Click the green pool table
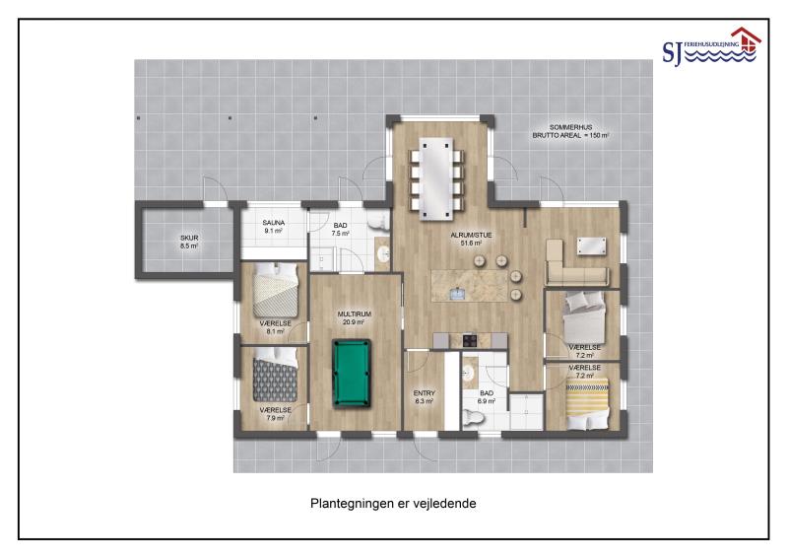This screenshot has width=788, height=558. (352, 373)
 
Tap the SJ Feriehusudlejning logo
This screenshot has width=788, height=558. (711, 46)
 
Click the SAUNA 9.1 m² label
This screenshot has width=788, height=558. (274, 227)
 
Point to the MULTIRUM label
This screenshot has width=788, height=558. (355, 314)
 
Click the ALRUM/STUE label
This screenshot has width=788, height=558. (471, 235)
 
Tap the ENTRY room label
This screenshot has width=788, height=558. (425, 393)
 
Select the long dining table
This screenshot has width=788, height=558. (435, 179)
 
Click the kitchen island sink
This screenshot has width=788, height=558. (457, 293)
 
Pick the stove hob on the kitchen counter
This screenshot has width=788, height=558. (470, 341)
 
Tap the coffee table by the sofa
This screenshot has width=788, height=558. (591, 246)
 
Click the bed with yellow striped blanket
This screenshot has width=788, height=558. (587, 403)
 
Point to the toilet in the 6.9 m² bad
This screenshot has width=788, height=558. (473, 417)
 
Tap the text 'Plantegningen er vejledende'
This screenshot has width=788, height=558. (393, 503)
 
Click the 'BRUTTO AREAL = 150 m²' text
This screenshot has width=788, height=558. (571, 135)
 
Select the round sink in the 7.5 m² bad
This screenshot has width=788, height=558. (383, 253)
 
